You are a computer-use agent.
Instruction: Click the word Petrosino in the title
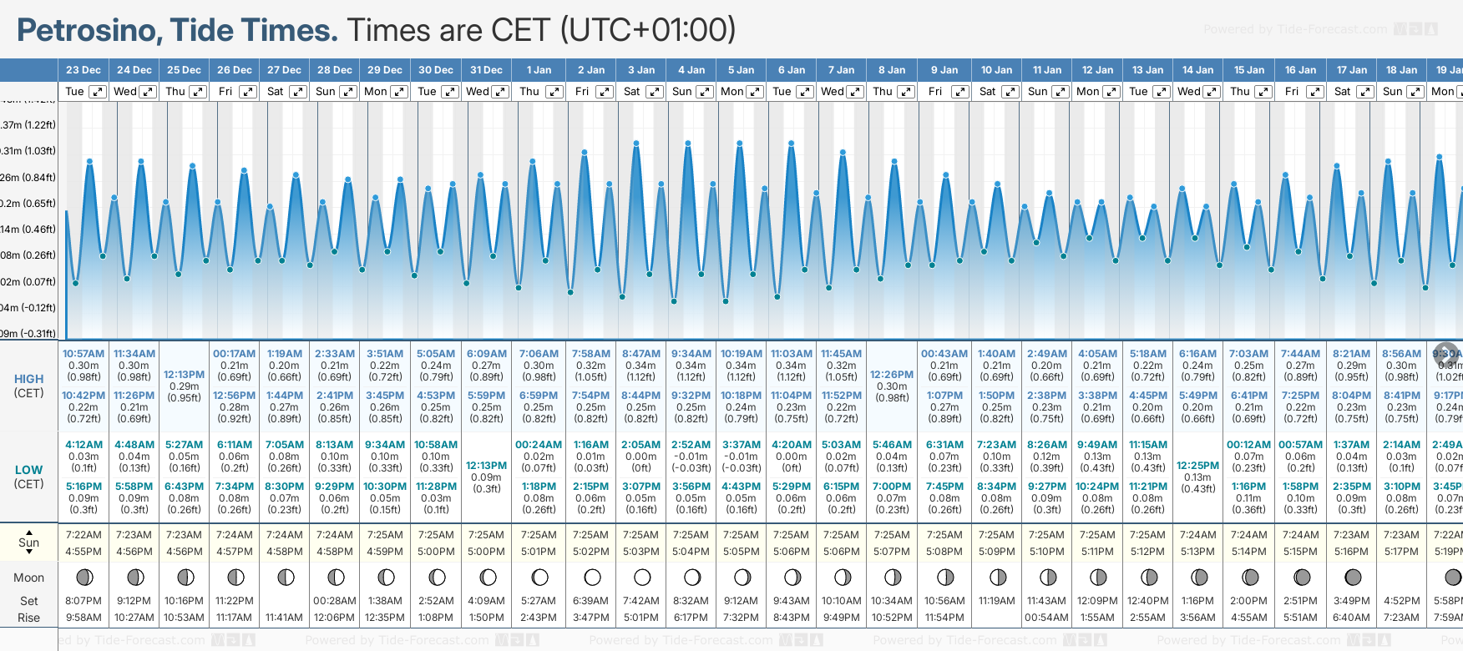[x=89, y=31]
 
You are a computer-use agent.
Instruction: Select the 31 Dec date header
[x=486, y=70]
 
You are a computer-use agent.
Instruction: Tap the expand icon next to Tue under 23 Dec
[x=98, y=92]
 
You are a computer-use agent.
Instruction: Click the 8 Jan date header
[x=892, y=70]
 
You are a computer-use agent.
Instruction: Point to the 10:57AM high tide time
[x=84, y=354]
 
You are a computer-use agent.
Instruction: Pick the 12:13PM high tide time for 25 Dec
[x=184, y=375]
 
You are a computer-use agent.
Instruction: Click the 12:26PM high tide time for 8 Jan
[x=892, y=375]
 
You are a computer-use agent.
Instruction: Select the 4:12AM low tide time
[x=84, y=445]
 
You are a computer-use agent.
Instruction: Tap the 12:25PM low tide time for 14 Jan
[x=1197, y=466]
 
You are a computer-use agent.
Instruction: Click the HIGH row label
[x=28, y=379]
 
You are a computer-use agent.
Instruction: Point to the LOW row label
[x=28, y=470]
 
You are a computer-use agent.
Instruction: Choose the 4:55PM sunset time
[x=84, y=552]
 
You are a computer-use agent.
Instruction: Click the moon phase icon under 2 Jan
[x=592, y=577]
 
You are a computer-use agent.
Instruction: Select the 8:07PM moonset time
[x=84, y=601]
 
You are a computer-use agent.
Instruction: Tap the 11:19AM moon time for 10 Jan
[x=996, y=601]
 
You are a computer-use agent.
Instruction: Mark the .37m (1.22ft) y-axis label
[x=28, y=125]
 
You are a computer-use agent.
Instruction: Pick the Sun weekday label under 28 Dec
[x=326, y=92]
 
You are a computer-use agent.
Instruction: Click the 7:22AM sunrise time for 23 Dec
[x=84, y=535]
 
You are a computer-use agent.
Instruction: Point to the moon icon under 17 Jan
[x=1353, y=577]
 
